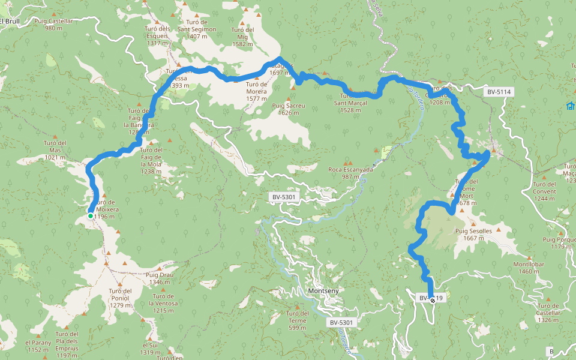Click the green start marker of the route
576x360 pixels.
[x=90, y=216]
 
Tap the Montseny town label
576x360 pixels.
[x=323, y=291]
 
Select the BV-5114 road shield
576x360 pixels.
[x=499, y=92]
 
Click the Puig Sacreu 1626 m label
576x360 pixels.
[x=289, y=109]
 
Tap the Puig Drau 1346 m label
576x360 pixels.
[x=160, y=278]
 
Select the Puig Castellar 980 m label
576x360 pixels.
[x=53, y=24]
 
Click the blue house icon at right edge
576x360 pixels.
[x=570, y=106]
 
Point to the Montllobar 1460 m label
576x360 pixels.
[x=529, y=268]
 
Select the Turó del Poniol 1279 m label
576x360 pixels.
[x=120, y=298]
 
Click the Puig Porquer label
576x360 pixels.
[x=559, y=243]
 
